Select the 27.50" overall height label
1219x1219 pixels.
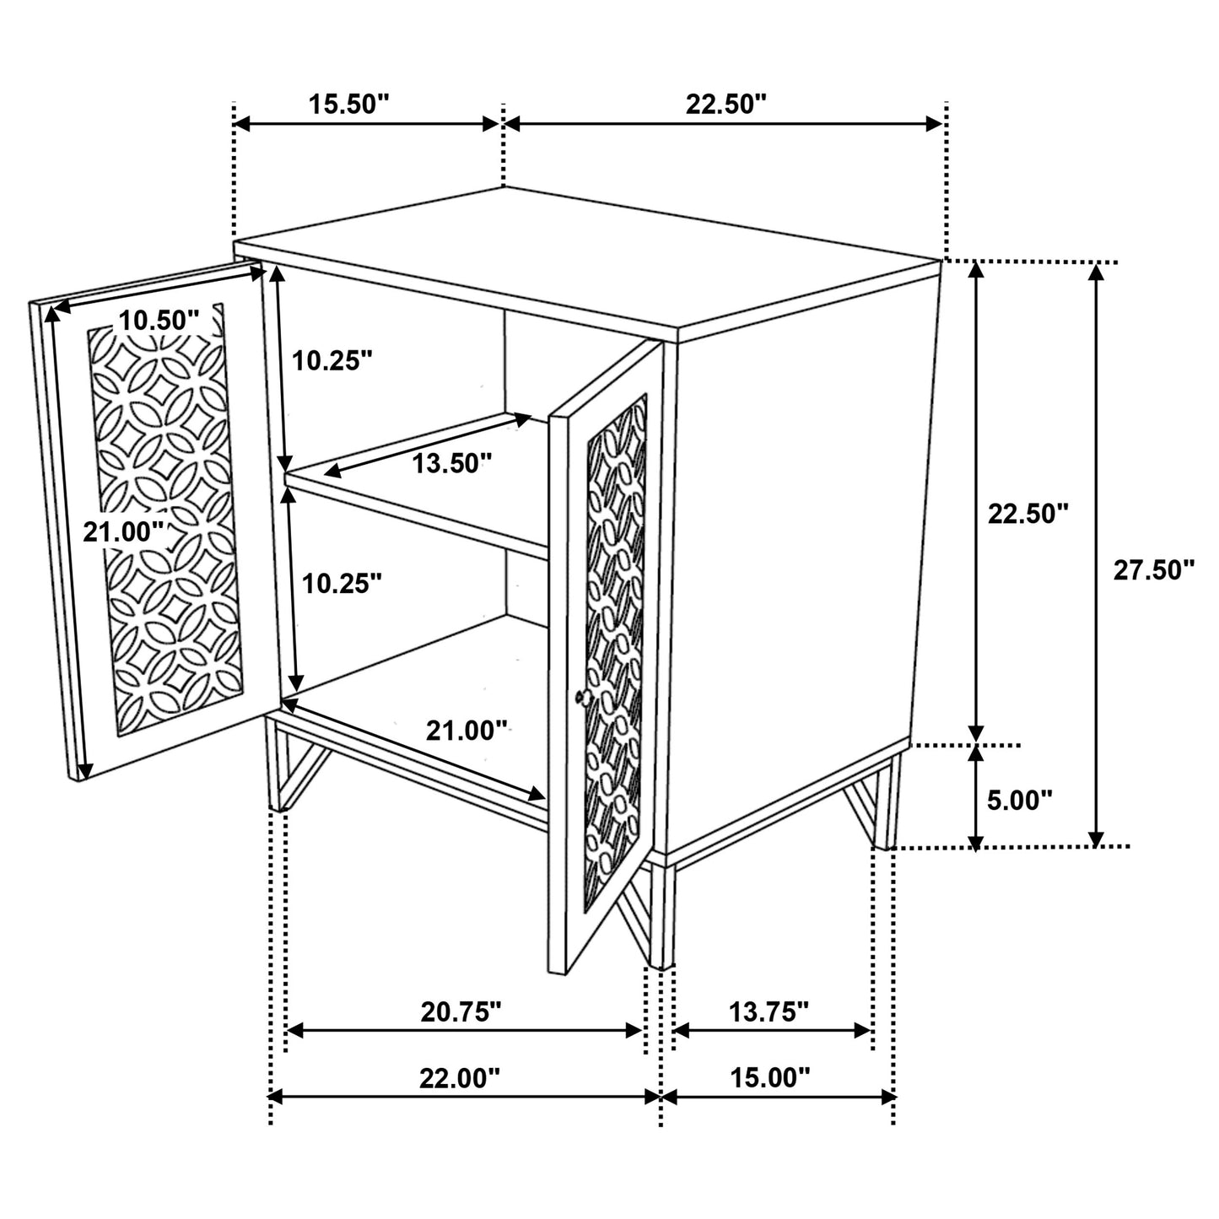coord(1153,570)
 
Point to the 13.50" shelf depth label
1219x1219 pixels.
coord(451,462)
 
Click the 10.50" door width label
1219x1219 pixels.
coord(159,321)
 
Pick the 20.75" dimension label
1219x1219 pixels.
coord(461,1011)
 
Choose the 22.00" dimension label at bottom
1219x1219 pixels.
coord(460,1077)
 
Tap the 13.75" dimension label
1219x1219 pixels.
coord(769,1011)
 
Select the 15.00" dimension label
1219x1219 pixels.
coord(769,1077)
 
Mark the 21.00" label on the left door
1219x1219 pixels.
coord(123,532)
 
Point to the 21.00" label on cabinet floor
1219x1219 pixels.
coord(467,730)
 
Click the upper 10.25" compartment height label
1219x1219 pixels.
coord(332,361)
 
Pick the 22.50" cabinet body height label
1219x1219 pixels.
coord(1028,513)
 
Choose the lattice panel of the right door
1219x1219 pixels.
coord(615,650)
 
